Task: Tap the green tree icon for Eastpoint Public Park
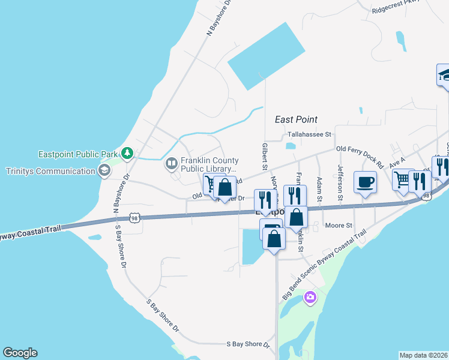(x=127, y=154)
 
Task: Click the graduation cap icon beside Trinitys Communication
(x=104, y=171)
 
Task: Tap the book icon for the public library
(x=172, y=163)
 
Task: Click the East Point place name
(x=296, y=119)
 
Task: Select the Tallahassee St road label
(x=309, y=134)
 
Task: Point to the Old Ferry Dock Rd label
(x=360, y=155)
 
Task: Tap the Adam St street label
(x=319, y=189)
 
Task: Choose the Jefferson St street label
(x=340, y=182)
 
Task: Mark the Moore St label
(x=338, y=226)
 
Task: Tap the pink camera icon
(x=310, y=297)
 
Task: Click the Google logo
(x=20, y=353)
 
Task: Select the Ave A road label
(x=397, y=161)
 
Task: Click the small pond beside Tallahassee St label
(x=291, y=145)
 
